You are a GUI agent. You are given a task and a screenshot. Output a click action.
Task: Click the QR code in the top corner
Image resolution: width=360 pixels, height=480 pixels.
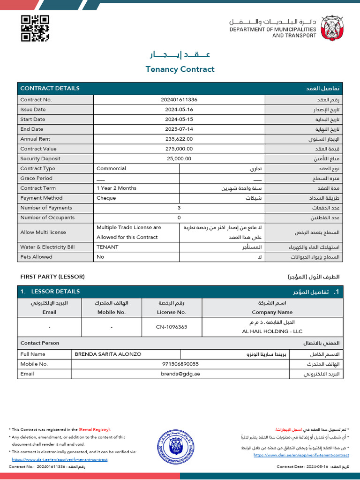pyautogui.click(x=35, y=29)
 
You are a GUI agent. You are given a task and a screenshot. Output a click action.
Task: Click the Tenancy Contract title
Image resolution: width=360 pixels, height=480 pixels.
pyautogui.click(x=180, y=69)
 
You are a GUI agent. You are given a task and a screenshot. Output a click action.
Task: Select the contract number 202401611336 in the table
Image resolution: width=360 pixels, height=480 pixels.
pyautogui.click(x=179, y=100)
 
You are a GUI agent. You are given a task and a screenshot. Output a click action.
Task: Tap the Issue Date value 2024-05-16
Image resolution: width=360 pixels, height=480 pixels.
pyautogui.click(x=179, y=110)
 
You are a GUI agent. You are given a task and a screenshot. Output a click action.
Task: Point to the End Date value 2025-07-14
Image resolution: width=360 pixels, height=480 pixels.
pyautogui.click(x=179, y=129)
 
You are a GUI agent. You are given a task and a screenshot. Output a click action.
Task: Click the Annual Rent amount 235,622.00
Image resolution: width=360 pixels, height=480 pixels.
pyautogui.click(x=179, y=139)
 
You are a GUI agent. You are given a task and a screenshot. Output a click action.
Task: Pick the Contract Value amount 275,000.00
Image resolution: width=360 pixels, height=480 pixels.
pyautogui.click(x=179, y=149)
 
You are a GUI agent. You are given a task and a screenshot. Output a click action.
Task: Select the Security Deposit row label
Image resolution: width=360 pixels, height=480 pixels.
pyautogui.click(x=40, y=159)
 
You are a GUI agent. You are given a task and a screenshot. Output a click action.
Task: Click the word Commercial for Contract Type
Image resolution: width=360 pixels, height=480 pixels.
pyautogui.click(x=111, y=169)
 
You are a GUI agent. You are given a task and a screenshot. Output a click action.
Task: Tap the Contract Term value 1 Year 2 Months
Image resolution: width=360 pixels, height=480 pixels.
pyautogui.click(x=116, y=188)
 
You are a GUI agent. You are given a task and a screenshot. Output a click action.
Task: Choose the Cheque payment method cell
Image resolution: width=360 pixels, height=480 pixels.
pyautogui.click(x=106, y=198)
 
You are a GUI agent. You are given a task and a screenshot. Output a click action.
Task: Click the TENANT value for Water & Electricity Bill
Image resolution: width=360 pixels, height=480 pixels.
pyautogui.click(x=107, y=247)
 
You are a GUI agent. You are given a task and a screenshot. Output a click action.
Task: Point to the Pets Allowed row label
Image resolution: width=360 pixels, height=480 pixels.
pyautogui.click(x=36, y=257)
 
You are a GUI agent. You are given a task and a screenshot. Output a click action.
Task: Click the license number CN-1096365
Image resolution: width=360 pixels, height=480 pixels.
pyautogui.click(x=172, y=327)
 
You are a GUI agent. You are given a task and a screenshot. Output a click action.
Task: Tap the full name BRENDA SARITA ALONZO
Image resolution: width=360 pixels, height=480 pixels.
pyautogui.click(x=108, y=354)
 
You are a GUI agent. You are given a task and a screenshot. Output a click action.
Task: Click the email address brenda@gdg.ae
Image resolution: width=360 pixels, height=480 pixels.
pyautogui.click(x=180, y=374)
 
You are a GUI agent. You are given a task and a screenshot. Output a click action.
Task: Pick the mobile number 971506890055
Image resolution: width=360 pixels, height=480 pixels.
pyautogui.click(x=180, y=364)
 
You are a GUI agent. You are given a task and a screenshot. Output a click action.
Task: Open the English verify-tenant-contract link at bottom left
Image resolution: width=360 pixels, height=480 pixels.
pyautogui.click(x=60, y=459)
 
